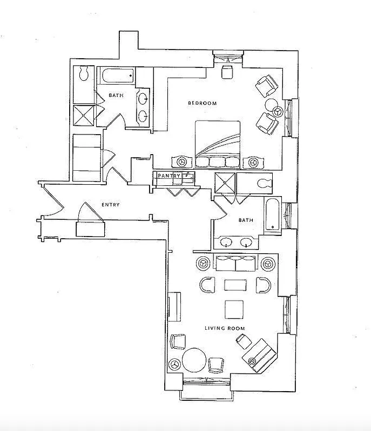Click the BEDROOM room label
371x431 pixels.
click(x=203, y=103)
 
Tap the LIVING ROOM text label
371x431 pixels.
click(x=224, y=328)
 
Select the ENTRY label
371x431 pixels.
click(x=110, y=205)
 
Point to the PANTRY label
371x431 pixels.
click(x=168, y=176)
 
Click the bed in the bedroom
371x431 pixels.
click(x=218, y=143)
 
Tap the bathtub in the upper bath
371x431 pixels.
click(x=116, y=76)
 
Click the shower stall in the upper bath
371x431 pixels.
click(x=83, y=114)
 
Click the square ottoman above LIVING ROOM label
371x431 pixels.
click(x=234, y=309)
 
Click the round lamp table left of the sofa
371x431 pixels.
click(x=203, y=263)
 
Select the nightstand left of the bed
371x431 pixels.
click(x=181, y=161)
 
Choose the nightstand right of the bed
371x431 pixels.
click(x=252, y=161)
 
